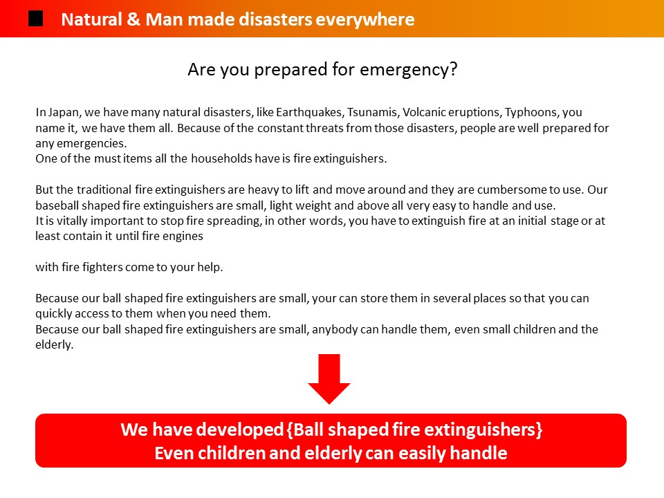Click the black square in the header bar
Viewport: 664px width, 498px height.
click(35, 19)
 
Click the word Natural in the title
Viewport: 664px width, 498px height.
click(91, 19)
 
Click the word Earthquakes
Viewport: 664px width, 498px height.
click(310, 112)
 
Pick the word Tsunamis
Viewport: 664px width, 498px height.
click(373, 112)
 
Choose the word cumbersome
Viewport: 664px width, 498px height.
click(512, 190)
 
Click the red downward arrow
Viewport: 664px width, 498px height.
click(329, 379)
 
